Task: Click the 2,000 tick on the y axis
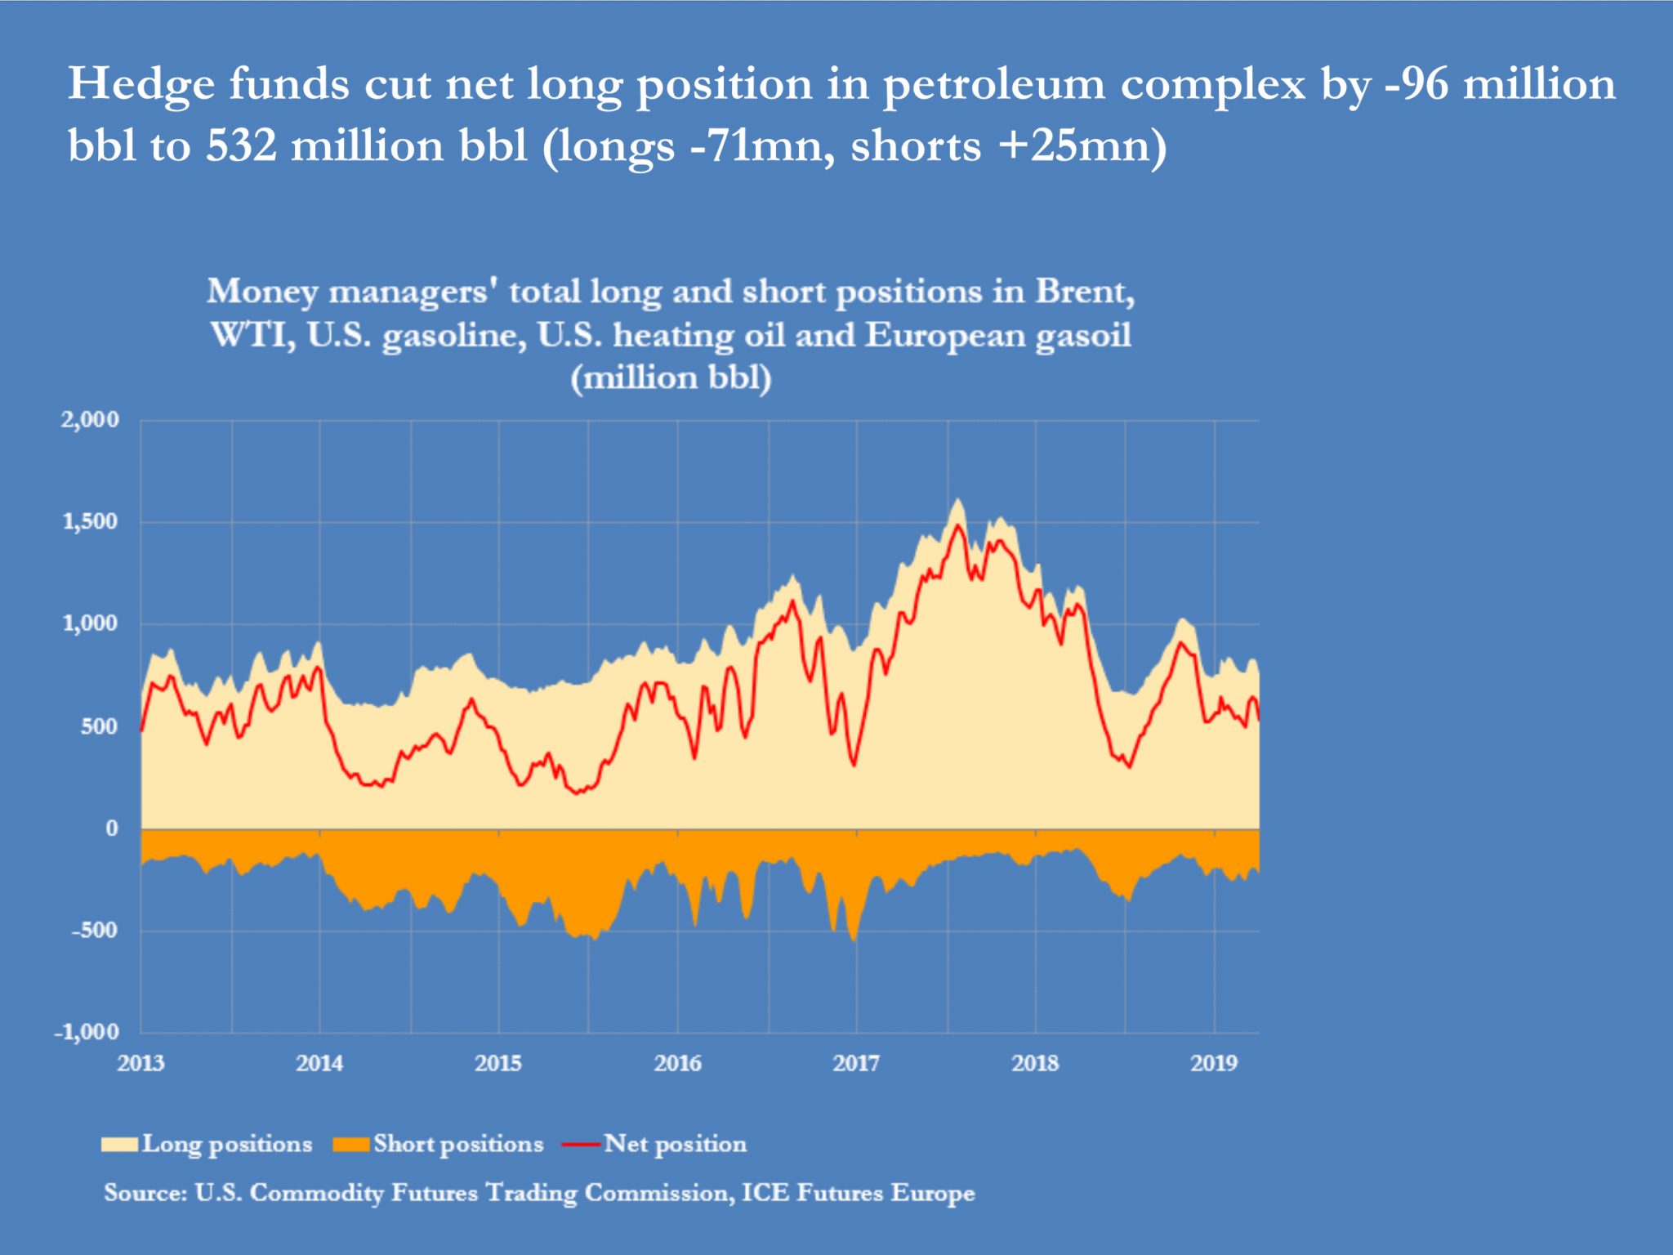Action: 90,420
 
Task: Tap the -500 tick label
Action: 94,930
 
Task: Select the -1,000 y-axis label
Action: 87,1032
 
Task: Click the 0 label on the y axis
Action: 111,828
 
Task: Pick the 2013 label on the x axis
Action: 141,1063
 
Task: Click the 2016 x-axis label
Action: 677,1063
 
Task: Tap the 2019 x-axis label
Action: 1214,1063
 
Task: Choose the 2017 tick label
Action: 856,1063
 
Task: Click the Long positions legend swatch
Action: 119,1145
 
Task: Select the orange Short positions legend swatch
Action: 351,1145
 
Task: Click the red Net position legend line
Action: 582,1145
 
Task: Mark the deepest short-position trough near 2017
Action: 854,940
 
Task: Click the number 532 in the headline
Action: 241,146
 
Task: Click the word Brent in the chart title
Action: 1085,292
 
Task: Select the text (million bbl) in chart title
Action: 671,378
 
